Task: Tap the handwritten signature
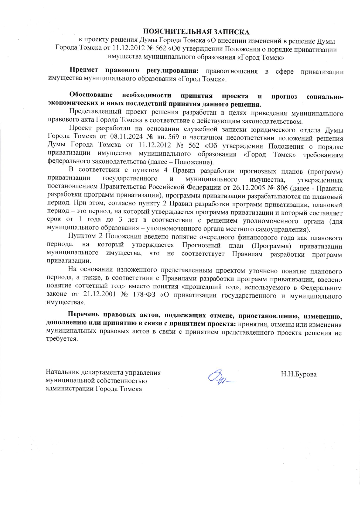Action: [x=220, y=376]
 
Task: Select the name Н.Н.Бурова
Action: [x=299, y=374]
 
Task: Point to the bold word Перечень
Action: [x=84, y=315]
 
